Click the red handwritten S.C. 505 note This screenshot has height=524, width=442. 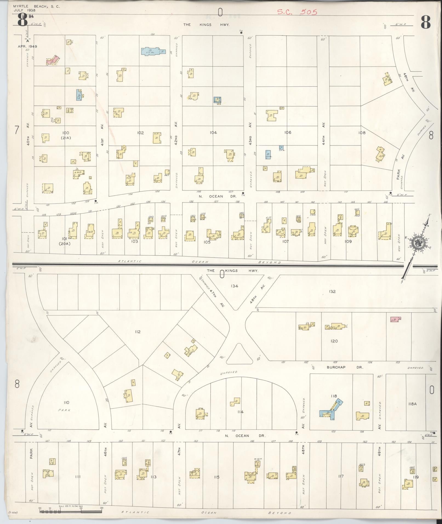pos(297,12)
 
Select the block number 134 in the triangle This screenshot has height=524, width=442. pos(234,286)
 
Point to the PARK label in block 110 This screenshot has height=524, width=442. pos(66,410)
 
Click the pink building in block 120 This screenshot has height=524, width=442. pos(395,319)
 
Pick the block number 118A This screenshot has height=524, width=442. pos(412,403)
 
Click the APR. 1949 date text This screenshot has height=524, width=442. pos(27,46)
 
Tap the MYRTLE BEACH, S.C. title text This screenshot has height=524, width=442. pos(36,6)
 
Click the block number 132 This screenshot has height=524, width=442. pos(332,291)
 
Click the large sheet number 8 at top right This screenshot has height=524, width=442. pos(426,22)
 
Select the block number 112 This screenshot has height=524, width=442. pos(138,332)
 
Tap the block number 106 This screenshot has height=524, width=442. pos(287,132)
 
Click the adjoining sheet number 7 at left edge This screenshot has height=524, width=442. pos(17,130)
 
